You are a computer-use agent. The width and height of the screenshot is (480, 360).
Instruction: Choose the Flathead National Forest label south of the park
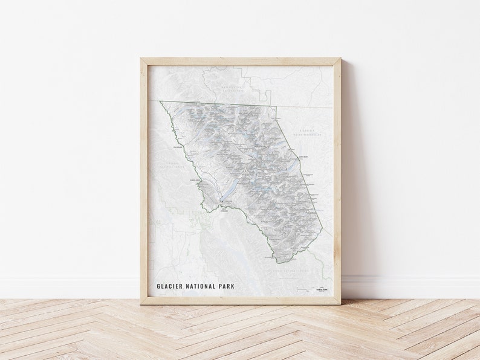coord(290,272)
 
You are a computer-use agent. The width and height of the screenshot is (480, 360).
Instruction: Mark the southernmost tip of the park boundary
coord(279,263)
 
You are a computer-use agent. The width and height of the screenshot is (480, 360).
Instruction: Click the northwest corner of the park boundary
coord(160,101)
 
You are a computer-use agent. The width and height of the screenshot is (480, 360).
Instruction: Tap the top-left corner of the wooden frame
coord(141,59)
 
